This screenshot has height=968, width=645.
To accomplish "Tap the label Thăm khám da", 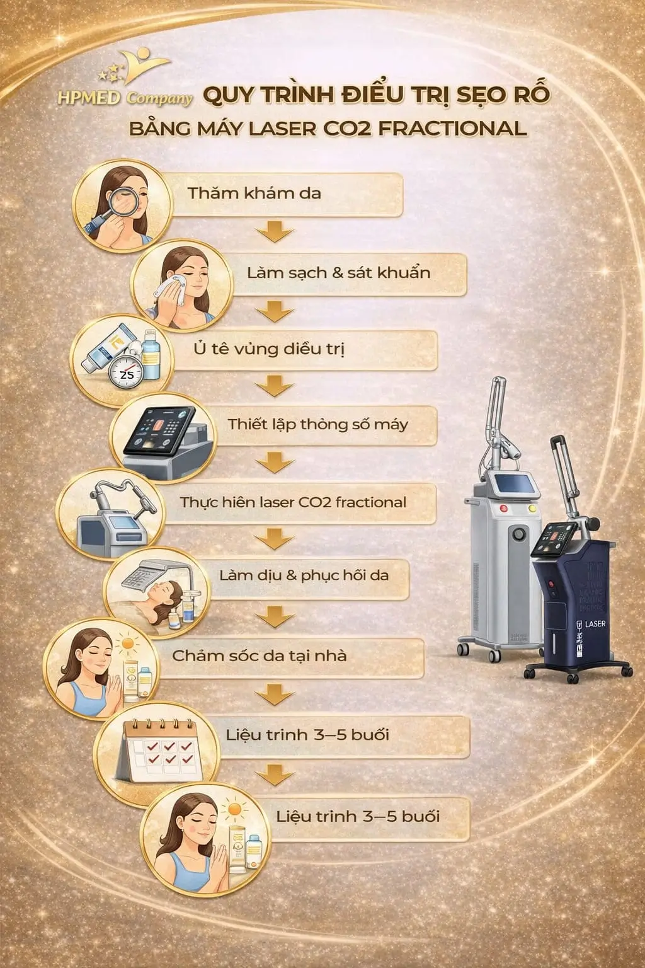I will point(254,193).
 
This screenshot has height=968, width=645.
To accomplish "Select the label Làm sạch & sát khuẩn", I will point(338,273).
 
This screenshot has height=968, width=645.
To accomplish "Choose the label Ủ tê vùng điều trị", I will point(269,349).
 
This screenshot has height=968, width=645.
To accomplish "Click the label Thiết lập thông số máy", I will point(318,424).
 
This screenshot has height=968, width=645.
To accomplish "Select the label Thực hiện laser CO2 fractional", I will point(293,502).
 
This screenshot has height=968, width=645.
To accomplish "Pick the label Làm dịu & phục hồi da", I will point(304,575).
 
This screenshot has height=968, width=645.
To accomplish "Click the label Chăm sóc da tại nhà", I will point(259,655).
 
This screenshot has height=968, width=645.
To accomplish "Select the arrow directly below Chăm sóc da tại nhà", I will point(275,694).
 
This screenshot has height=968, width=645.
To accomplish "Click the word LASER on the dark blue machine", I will point(595,624).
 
